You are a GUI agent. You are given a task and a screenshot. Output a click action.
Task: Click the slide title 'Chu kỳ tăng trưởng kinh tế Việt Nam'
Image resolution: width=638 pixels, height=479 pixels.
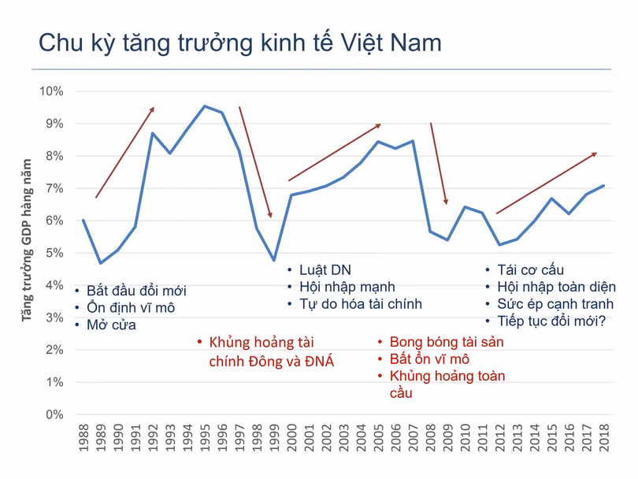tap(239, 43)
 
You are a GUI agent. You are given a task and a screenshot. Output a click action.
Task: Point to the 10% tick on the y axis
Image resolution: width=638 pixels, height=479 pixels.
tap(51, 91)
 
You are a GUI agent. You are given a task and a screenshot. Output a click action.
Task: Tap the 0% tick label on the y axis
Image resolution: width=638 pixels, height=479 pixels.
tap(54, 414)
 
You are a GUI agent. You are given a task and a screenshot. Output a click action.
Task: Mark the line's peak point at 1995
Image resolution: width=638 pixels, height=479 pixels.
tap(205, 106)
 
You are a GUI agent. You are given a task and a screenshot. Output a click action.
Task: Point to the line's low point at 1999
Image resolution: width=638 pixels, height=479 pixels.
tap(273, 260)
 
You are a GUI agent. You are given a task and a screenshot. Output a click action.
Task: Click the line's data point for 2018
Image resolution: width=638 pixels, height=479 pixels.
tap(604, 186)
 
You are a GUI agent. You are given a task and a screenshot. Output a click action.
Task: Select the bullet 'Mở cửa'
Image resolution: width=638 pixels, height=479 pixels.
tap(111, 325)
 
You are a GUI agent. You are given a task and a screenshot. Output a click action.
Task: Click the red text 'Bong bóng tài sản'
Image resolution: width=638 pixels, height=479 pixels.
tap(446, 342)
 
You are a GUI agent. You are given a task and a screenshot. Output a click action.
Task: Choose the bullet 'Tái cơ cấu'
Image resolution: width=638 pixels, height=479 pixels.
tap(530, 270)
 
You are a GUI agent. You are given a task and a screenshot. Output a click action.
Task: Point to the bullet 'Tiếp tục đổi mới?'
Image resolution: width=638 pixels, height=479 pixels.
tap(551, 321)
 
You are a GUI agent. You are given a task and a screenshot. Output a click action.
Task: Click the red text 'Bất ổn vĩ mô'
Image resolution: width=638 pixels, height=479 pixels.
tap(429, 359)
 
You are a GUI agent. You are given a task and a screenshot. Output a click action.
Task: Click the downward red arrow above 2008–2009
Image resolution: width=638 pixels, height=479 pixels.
tap(439, 163)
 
